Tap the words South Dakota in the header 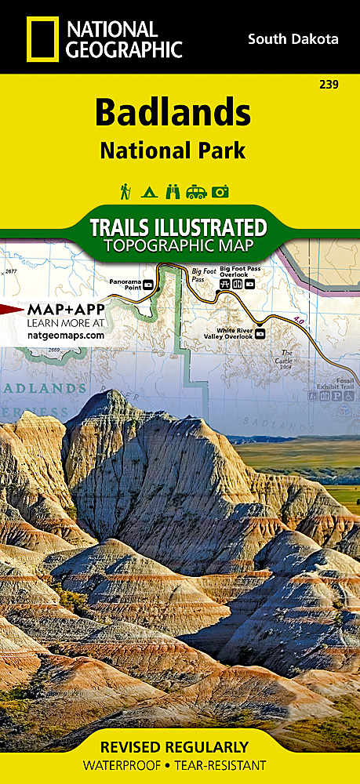point(293,38)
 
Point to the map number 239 point(330,85)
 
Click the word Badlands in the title point(173,114)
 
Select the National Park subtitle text point(173,150)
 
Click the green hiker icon point(125,191)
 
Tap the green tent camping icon point(149,191)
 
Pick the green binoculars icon point(173,191)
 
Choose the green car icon point(197,191)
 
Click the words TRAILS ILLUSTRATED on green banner point(178,228)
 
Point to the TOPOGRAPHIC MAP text point(178,246)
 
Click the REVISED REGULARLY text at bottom point(180,746)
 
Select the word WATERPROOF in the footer point(128,765)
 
